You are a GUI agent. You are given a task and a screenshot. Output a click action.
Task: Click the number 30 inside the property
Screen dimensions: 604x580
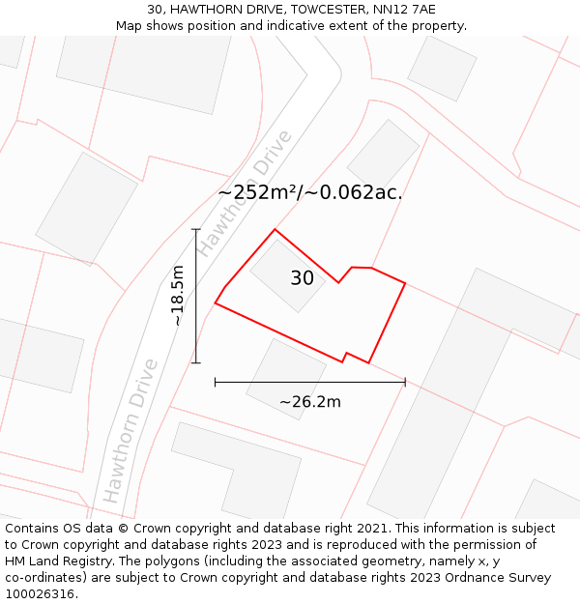point(302,278)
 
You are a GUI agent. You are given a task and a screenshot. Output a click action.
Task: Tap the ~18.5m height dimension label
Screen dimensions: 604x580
point(177,296)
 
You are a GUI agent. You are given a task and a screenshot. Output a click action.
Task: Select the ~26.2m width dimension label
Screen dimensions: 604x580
point(309,402)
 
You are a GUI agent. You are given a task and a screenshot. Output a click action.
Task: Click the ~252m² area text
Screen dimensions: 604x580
point(255,192)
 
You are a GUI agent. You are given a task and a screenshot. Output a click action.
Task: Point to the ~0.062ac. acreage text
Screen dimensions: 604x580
point(354,192)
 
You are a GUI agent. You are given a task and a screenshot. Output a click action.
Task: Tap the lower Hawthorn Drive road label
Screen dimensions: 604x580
point(130,431)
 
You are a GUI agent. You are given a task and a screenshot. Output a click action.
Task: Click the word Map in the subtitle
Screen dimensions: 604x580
point(130,26)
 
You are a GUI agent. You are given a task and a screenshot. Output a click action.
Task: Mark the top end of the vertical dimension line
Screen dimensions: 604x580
point(196,229)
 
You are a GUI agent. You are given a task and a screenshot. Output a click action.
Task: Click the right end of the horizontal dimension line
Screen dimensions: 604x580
point(405,383)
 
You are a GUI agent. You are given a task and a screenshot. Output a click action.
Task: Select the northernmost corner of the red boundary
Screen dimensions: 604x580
point(275,229)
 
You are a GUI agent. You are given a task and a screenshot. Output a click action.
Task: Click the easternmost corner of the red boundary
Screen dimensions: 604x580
point(405,284)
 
